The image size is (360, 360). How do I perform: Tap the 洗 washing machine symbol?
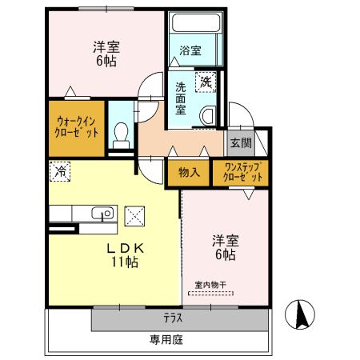click(206, 80)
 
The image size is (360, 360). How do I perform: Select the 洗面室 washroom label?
click(182, 98)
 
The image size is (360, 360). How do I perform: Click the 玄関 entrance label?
click(240, 143)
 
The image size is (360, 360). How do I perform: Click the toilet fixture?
click(121, 133)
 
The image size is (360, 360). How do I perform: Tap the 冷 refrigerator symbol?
click(59, 169)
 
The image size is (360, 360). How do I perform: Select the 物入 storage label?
click(189, 171)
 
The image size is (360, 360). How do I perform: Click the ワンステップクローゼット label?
click(240, 172)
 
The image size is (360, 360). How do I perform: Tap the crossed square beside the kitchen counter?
click(136, 214)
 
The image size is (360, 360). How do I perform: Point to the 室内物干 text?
click(211, 285)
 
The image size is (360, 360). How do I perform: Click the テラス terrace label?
click(174, 317)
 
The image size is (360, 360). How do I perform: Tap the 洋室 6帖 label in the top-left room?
click(106, 53)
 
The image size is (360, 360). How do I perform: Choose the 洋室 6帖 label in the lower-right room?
click(224, 246)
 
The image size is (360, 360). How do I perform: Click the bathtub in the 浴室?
click(194, 24)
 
